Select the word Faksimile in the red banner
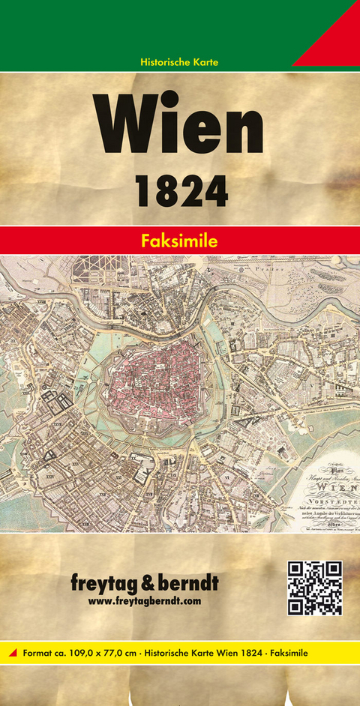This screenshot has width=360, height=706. pyautogui.click(x=180, y=241)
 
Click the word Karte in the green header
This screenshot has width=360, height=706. pyautogui.click(x=205, y=61)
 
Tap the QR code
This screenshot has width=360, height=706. pyautogui.click(x=314, y=588)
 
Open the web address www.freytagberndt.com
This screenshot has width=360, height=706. pyautogui.click(x=145, y=601)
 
